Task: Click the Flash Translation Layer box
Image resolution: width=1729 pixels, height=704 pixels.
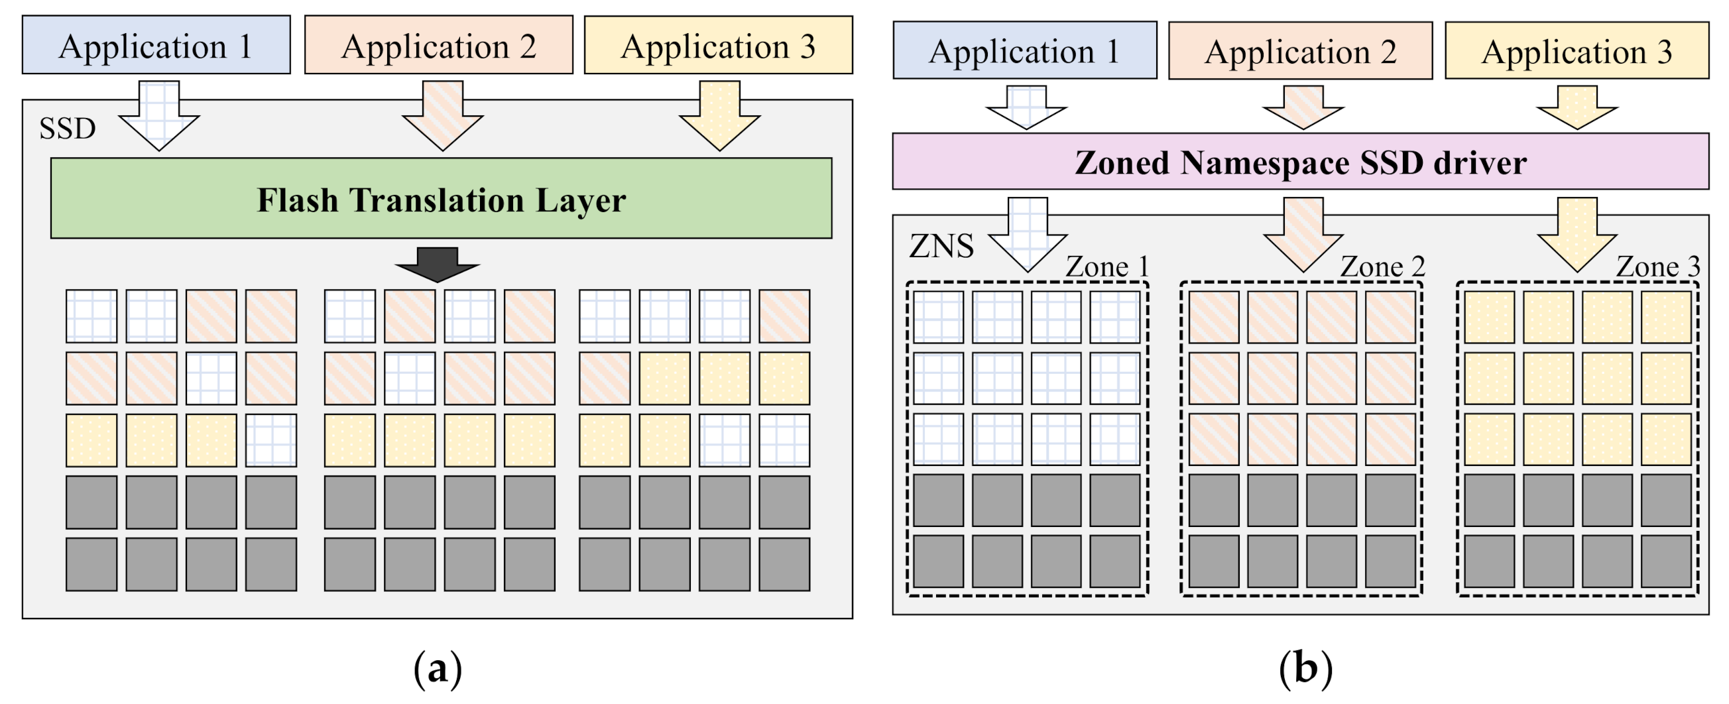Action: (x=441, y=198)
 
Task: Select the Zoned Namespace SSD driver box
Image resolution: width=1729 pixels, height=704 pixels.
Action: (x=1300, y=162)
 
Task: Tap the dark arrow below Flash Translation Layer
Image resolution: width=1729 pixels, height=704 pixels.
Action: (x=437, y=264)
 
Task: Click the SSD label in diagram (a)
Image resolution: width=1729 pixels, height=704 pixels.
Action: (x=67, y=128)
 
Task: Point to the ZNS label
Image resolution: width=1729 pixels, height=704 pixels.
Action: (x=941, y=246)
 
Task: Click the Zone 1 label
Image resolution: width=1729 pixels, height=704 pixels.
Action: (x=1106, y=267)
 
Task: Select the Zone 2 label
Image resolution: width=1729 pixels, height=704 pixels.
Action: (x=1382, y=267)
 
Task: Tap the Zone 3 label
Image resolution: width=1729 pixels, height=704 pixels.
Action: (x=1657, y=267)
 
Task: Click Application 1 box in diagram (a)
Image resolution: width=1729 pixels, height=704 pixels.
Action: (x=156, y=45)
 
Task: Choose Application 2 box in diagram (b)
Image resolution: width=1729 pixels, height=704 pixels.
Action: (x=1300, y=51)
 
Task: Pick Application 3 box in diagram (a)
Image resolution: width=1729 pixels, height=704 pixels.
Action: (x=718, y=45)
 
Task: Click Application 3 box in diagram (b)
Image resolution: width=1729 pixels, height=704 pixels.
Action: (x=1577, y=51)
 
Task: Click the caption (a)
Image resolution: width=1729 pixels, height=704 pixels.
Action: (x=438, y=669)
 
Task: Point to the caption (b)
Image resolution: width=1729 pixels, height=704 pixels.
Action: (x=1305, y=669)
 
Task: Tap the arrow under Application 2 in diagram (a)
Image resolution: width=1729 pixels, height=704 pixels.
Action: (x=442, y=115)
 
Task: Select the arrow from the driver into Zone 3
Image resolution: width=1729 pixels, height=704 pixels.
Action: (x=1577, y=235)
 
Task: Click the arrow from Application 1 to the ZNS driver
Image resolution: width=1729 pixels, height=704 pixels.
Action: (x=1026, y=107)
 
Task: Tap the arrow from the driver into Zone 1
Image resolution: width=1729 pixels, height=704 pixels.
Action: (x=1028, y=235)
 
